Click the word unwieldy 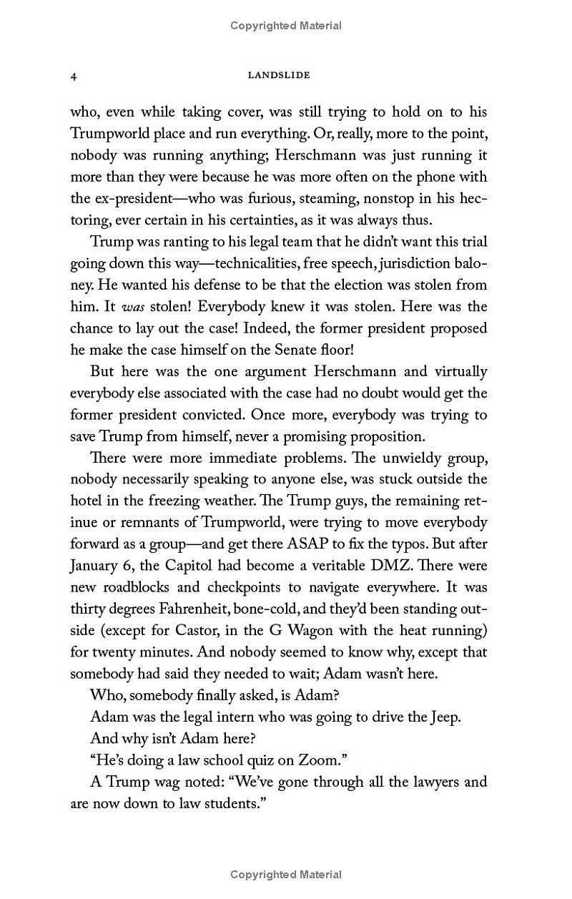click(x=401, y=457)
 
